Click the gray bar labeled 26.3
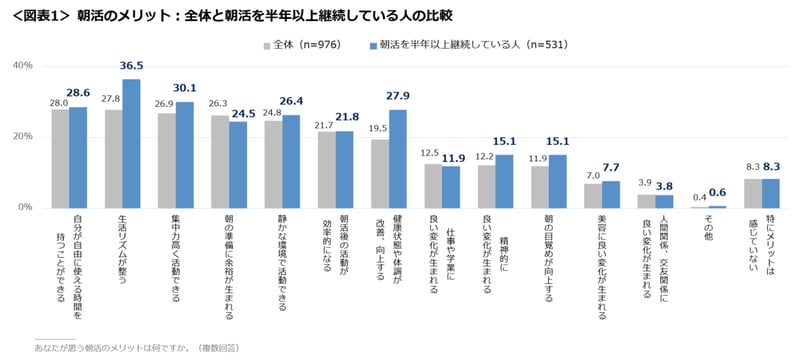220,161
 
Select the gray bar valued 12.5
433,185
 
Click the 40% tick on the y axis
22,66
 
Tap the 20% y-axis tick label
22,137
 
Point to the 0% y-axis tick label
25,207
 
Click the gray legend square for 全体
267,45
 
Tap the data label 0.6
717,193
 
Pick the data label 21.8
346,117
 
